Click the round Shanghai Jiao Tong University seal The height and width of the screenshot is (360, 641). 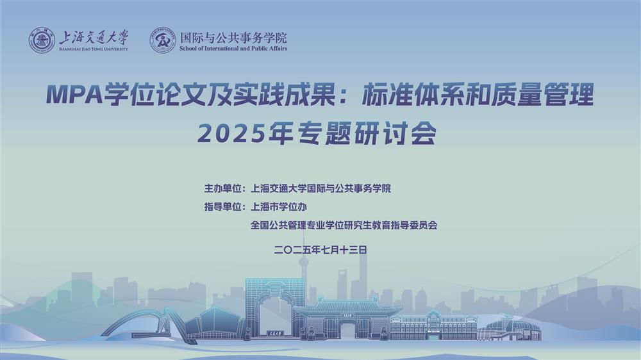(42, 40)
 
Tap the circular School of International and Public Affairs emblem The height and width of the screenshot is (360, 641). (163, 40)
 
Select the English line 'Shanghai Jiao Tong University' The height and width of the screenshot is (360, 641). (94, 49)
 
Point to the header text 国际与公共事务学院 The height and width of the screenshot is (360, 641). (233, 38)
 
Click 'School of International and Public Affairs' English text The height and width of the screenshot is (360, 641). (233, 48)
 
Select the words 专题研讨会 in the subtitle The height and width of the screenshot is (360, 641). (367, 133)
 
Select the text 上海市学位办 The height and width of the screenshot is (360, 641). (278, 207)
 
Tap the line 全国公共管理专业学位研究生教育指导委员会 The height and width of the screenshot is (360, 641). (344, 225)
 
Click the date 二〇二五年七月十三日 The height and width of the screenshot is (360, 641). (320, 250)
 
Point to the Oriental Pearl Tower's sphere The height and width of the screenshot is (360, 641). (303, 262)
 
